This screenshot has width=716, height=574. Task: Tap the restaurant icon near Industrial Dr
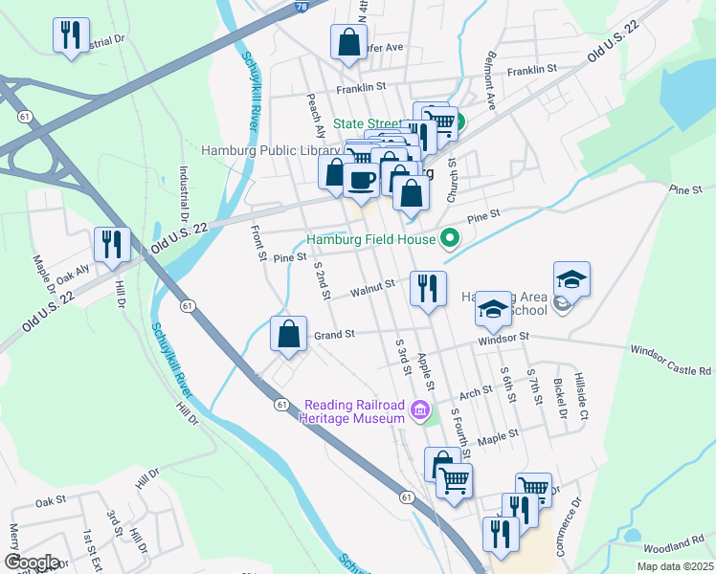(72, 36)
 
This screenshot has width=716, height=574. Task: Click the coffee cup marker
(360, 180)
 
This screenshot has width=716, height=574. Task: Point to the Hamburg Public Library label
(270, 150)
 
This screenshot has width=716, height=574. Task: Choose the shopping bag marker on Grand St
(288, 335)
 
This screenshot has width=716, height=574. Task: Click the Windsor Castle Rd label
(671, 361)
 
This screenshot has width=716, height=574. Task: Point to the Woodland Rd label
(673, 545)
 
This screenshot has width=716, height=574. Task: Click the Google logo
(32, 563)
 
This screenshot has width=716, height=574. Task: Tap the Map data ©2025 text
(674, 566)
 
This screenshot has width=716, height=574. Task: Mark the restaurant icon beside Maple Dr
(113, 247)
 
